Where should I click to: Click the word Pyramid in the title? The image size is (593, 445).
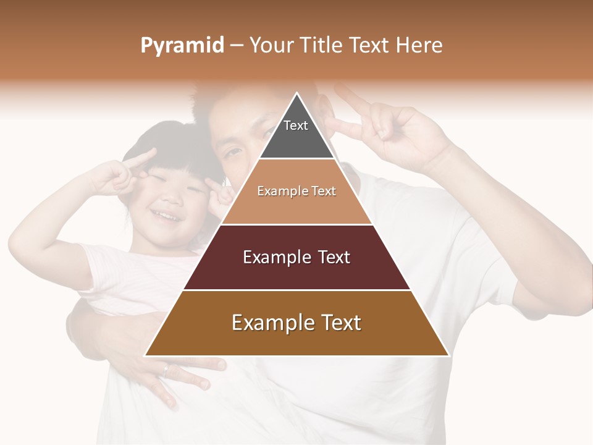coord(182,46)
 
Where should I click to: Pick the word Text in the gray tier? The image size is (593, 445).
coord(296,125)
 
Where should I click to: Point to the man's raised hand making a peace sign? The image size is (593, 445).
coord(395,130)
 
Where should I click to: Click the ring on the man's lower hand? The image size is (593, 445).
coord(165,371)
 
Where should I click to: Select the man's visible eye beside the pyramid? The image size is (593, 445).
coord(233,152)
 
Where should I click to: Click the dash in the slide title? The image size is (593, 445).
coord(237,46)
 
